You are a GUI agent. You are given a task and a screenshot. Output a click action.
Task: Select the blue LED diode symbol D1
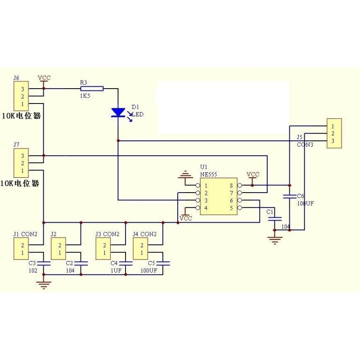point(118,112)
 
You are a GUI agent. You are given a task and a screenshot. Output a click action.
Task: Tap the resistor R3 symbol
point(92,89)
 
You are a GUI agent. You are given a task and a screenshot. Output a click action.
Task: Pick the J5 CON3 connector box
point(333,134)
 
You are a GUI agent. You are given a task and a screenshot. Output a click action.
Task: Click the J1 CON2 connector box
point(21,249)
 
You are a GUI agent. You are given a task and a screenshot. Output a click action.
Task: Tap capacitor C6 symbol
point(289,196)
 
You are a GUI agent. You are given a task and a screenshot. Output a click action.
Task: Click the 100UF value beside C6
point(306,203)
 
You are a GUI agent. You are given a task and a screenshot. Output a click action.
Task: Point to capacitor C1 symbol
point(274,219)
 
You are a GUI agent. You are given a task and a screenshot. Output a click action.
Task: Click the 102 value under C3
point(32,270)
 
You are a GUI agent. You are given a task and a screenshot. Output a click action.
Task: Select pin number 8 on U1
point(232,185)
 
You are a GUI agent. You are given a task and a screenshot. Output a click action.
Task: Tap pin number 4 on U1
point(206,208)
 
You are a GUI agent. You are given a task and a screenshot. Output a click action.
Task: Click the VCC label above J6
point(44,77)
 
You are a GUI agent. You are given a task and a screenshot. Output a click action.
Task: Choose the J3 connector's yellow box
point(104,249)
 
